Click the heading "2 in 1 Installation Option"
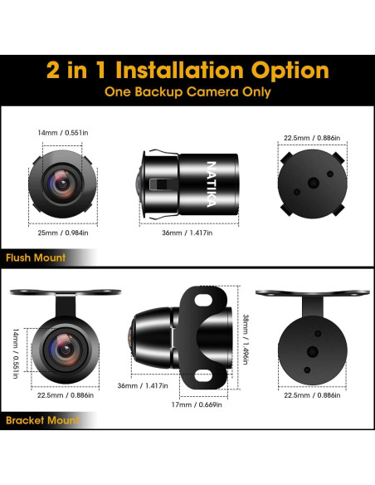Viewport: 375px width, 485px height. (187, 68)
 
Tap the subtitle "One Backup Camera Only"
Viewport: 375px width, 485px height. (187, 92)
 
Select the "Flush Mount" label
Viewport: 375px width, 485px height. (35, 257)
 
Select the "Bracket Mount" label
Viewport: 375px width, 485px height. (41, 420)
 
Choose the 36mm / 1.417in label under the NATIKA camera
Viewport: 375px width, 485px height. (187, 233)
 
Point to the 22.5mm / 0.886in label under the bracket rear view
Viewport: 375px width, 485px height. (309, 395)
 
